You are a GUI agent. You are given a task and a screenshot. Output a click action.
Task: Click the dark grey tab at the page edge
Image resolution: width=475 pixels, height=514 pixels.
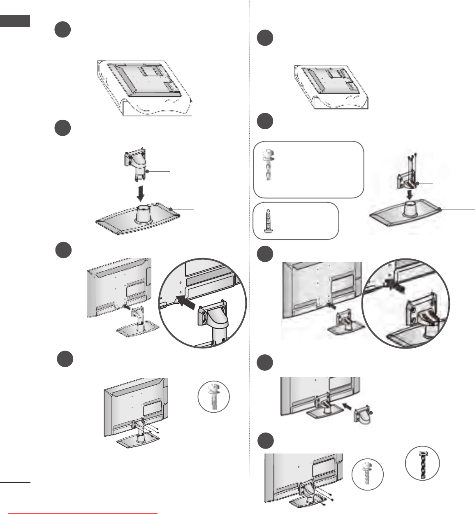point(15,21)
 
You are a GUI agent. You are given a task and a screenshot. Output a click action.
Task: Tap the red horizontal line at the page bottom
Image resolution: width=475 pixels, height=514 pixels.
point(83,513)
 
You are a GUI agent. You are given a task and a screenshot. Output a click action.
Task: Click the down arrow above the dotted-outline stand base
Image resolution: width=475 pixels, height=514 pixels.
point(140,193)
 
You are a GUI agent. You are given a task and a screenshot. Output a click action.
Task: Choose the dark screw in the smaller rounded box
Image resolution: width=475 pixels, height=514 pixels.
point(268,221)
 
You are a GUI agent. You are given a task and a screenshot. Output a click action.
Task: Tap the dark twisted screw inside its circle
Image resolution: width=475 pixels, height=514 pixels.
point(422,463)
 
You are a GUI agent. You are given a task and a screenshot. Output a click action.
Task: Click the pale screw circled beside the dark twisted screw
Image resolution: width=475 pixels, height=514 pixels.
point(367,474)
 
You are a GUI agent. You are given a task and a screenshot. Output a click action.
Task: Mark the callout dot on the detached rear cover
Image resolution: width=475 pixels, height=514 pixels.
point(371,413)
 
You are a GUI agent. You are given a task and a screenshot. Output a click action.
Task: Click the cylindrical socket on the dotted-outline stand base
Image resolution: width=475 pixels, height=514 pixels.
point(141,214)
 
